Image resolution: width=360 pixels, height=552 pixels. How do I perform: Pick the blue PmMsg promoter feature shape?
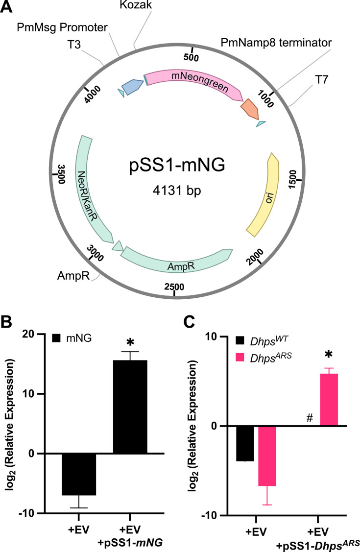pyautogui.click(x=132, y=86)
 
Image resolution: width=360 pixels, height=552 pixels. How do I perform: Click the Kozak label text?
pyautogui.click(x=136, y=5)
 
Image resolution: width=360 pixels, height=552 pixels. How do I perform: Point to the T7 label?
pyautogui.click(x=321, y=80)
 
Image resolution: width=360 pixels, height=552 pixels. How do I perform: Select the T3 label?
pyautogui.click(x=74, y=45)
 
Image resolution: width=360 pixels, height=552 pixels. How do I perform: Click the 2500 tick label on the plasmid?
pyautogui.click(x=174, y=287)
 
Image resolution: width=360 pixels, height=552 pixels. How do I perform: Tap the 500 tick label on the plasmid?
pyautogui.click(x=192, y=57)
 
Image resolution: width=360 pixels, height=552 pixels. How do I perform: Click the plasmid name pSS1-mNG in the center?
pyautogui.click(x=177, y=165)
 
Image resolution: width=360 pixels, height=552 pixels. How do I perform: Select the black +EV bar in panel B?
pyautogui.click(x=79, y=474)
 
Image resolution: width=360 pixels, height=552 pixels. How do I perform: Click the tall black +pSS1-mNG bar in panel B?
pyautogui.click(x=130, y=407)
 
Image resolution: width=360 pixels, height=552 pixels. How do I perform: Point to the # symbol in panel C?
pyautogui.click(x=310, y=418)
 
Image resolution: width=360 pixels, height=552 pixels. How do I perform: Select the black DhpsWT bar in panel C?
pyautogui.click(x=245, y=444)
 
